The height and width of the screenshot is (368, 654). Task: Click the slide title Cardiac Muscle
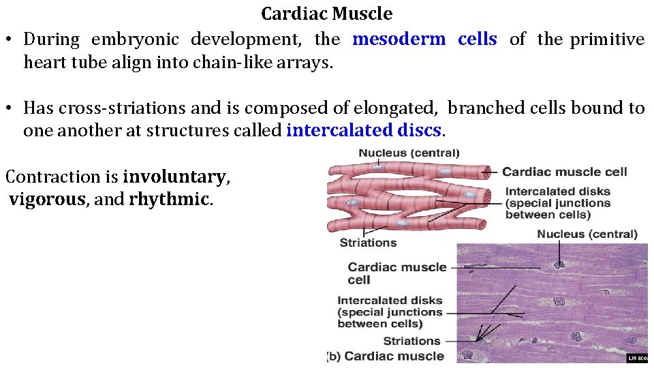(x=327, y=14)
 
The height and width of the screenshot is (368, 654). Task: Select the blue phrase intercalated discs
(x=365, y=129)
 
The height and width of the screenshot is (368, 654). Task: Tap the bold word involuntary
(x=174, y=177)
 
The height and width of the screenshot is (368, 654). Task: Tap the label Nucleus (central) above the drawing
(x=409, y=153)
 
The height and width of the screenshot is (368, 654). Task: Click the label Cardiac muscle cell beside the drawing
(x=565, y=172)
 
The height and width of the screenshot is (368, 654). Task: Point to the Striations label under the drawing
(x=368, y=243)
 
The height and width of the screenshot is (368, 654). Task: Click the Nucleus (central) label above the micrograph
(x=587, y=234)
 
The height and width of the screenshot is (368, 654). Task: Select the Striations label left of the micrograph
(x=411, y=341)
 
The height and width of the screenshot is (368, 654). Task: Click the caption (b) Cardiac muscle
(x=386, y=356)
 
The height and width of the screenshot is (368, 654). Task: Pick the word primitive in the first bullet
(x=607, y=40)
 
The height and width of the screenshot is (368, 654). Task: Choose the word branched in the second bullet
(x=480, y=108)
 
